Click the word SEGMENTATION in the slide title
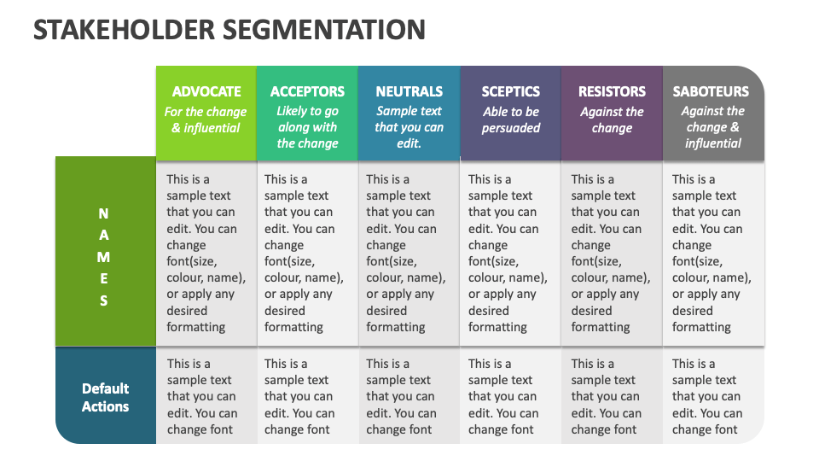click(324, 30)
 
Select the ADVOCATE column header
click(206, 91)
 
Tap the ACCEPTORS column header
click(307, 91)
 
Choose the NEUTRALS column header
click(409, 91)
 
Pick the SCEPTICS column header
click(511, 91)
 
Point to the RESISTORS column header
click(612, 91)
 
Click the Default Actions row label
click(105, 397)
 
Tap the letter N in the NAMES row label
click(104, 213)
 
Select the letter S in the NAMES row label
click(104, 301)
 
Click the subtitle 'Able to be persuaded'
click(511, 120)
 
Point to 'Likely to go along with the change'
click(307, 127)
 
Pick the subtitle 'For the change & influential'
click(206, 120)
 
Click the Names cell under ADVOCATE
click(206, 253)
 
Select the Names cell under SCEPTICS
click(509, 253)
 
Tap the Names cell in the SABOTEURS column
click(712, 253)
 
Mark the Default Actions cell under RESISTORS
click(611, 396)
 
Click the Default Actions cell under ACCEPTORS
click(306, 396)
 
